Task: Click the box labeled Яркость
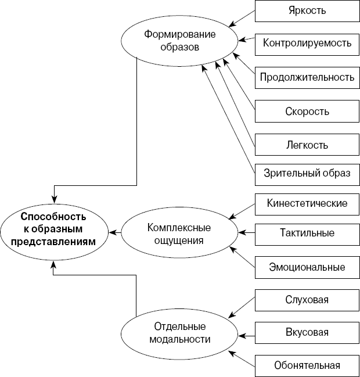(x=307, y=11)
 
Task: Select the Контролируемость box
(x=307, y=43)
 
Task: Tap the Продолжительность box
(x=307, y=77)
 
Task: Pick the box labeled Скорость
(x=307, y=111)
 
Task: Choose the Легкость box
(x=307, y=145)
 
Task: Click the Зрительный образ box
(x=307, y=173)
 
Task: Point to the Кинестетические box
(x=307, y=203)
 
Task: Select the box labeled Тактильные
(x=307, y=233)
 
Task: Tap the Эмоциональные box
(x=307, y=267)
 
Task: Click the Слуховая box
(x=307, y=300)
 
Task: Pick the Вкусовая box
(x=307, y=333)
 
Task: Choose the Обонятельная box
(x=307, y=366)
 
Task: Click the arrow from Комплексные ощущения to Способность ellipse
(x=114, y=232)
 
